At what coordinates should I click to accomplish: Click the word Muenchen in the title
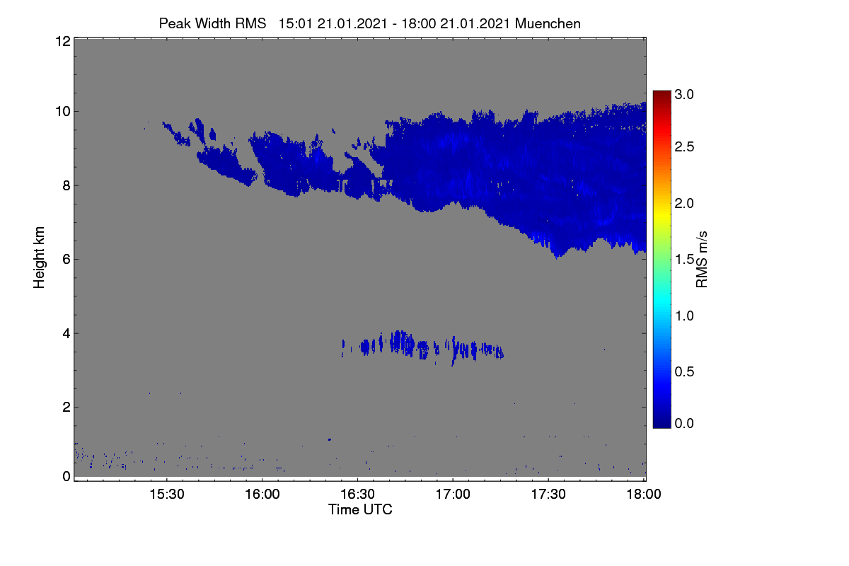tap(548, 23)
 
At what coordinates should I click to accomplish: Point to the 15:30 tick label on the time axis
tap(167, 494)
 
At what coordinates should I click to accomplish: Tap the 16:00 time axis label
tap(262, 494)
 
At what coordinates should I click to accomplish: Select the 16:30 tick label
tap(357, 494)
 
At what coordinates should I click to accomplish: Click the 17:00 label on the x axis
tap(453, 494)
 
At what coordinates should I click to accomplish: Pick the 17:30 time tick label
tap(548, 494)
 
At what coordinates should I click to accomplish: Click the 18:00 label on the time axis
tap(644, 494)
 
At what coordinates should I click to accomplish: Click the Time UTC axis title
tap(360, 509)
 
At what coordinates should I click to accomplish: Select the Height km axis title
tap(39, 258)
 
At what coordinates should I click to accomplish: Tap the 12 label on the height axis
tap(63, 41)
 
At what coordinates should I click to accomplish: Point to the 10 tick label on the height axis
tap(63, 112)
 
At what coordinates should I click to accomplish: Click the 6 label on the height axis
tap(67, 260)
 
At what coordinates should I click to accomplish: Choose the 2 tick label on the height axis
tap(67, 407)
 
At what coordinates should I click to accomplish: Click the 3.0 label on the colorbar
tap(684, 94)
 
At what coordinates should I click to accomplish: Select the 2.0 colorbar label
tap(684, 203)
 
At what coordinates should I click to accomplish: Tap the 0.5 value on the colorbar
tap(684, 371)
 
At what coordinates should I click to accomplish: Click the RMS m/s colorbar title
tap(702, 260)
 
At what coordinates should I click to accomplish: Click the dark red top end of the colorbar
tap(662, 92)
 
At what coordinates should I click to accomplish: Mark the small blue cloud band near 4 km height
tap(422, 347)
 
